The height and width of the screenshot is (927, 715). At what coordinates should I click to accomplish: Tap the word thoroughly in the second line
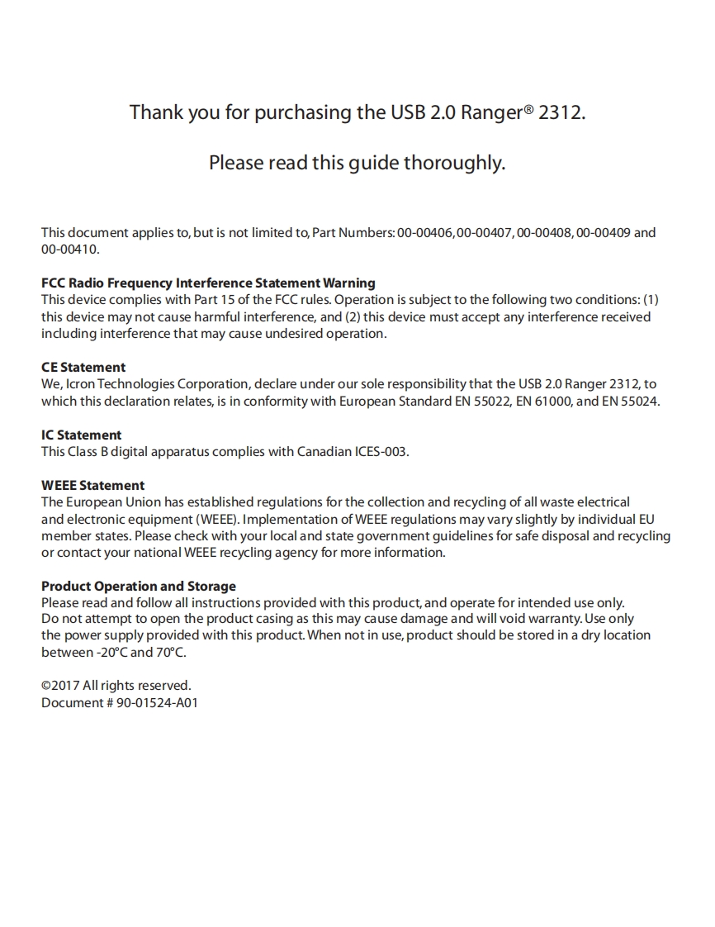tap(453, 163)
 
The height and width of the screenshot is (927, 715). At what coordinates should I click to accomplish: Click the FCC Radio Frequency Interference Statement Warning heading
tap(208, 283)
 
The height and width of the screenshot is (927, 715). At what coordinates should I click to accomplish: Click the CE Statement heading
tap(83, 368)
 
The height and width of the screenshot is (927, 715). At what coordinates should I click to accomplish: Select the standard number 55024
tap(639, 402)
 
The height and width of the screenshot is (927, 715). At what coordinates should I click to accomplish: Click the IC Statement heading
tap(81, 435)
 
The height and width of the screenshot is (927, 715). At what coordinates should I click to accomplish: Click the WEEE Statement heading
tap(92, 486)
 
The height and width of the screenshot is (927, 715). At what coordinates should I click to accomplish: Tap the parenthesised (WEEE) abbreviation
tap(217, 520)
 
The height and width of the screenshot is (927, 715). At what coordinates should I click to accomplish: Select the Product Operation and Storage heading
tap(139, 587)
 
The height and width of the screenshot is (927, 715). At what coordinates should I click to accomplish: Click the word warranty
tap(554, 620)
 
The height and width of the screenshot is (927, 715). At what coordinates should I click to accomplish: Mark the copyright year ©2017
tap(59, 686)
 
